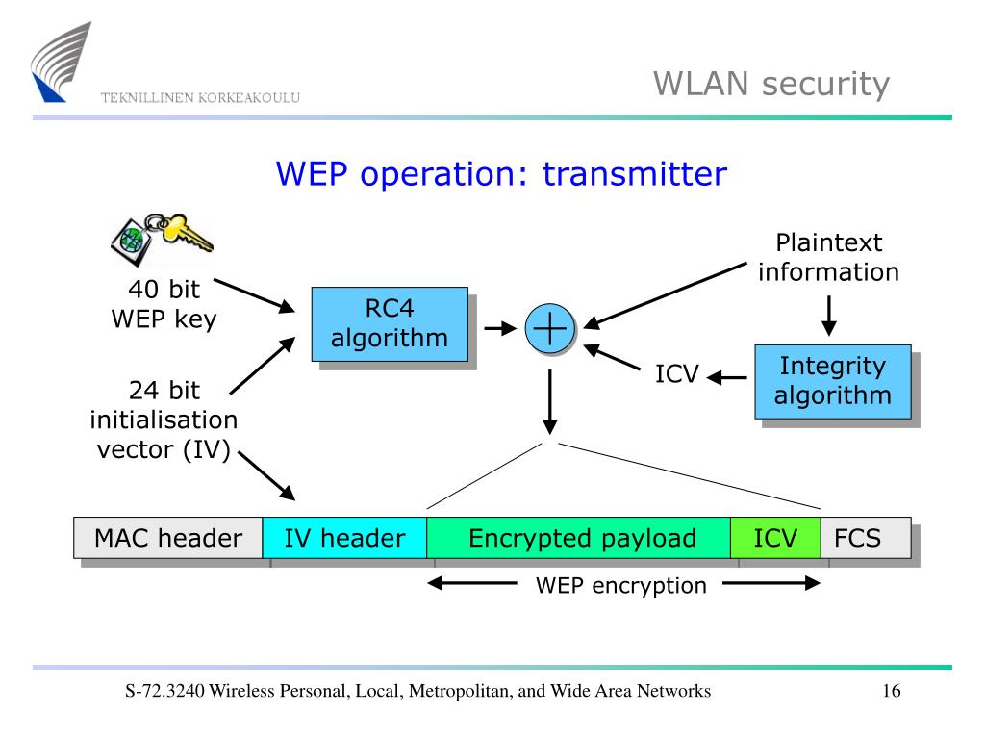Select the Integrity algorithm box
(x=832, y=381)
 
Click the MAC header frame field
(x=168, y=538)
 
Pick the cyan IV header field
(x=344, y=538)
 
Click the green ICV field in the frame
(x=775, y=538)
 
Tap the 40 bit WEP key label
(x=164, y=304)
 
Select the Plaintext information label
(x=828, y=258)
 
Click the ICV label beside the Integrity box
(x=677, y=374)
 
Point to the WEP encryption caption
(x=621, y=585)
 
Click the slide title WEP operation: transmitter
(x=501, y=174)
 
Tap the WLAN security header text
(x=771, y=85)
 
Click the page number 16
(x=891, y=691)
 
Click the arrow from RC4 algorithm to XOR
(x=500, y=329)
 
